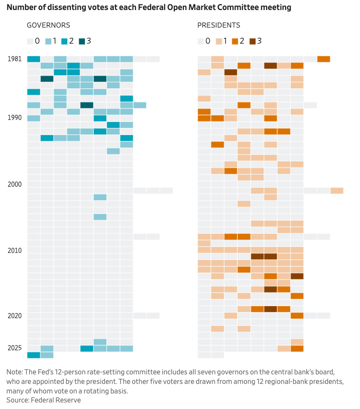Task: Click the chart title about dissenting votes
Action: [149, 8]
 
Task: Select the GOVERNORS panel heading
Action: [48, 25]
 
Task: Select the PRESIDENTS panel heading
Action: [218, 25]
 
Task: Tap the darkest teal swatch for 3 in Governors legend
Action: [82, 41]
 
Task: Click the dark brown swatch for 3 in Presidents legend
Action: [253, 41]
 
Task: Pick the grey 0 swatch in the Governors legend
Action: [30, 41]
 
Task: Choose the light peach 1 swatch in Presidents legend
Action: [219, 41]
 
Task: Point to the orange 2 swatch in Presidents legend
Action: [236, 41]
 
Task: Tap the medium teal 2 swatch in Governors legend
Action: [65, 41]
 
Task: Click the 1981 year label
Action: [15, 59]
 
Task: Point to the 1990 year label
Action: [15, 118]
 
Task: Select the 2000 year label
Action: [15, 184]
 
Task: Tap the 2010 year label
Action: [15, 250]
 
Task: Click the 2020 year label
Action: [15, 316]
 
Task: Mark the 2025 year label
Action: [15, 348]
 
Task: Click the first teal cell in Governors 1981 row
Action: [34, 59]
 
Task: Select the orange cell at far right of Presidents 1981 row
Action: [324, 59]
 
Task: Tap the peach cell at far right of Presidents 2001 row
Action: [337, 191]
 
